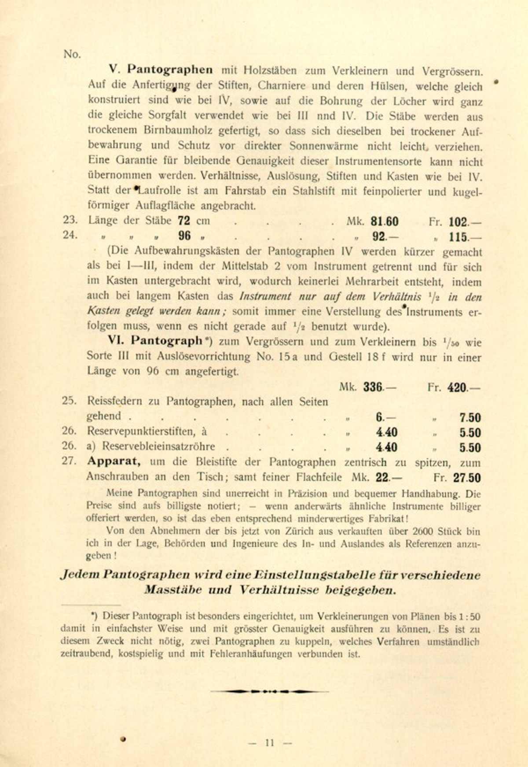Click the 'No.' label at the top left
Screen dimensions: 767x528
pos(72,54)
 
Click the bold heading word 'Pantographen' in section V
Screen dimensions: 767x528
pos(170,70)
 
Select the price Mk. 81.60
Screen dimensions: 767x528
pos(384,221)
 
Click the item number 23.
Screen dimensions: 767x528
pos(70,220)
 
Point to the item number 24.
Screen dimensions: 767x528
pos(70,235)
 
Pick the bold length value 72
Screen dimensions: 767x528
pos(184,221)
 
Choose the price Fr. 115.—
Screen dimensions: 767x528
pos(465,237)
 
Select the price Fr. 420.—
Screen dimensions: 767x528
pos(463,387)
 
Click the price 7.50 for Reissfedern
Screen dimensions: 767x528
pos(470,417)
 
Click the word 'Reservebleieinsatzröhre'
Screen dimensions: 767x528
pos(158,446)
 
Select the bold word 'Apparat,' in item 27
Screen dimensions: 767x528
pos(114,461)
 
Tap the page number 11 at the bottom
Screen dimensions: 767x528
pos(270,743)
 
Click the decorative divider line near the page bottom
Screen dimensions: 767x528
pos(270,691)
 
